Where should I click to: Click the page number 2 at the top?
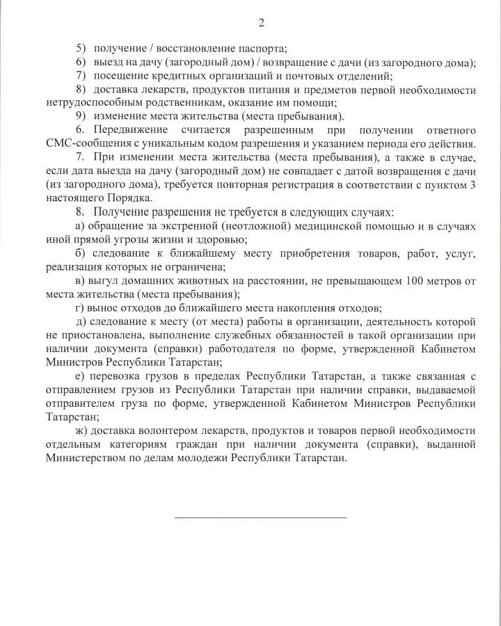261,23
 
